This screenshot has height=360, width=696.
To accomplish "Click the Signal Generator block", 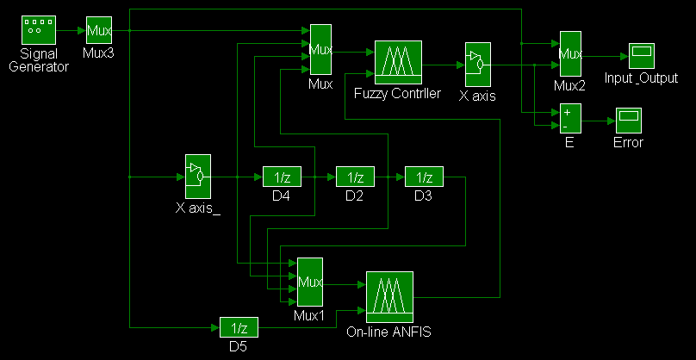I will pos(38,31).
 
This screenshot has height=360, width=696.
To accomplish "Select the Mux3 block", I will pos(98,31).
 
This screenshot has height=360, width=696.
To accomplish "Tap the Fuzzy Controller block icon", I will pos(397,62).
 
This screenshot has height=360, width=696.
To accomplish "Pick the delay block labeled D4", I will pos(282,177).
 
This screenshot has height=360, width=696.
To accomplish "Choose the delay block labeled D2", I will pos(355,177).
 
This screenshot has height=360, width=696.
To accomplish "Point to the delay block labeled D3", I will pos(423,177).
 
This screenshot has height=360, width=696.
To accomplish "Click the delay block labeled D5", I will pos(239,328).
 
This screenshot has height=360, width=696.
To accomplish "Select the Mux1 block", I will pos(309,282).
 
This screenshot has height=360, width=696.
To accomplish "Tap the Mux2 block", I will pos(571,54).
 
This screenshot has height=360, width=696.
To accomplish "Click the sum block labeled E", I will pos(569,119).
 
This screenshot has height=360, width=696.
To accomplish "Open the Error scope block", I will pos(629,119).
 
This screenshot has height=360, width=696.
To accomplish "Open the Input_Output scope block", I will pos(641,56).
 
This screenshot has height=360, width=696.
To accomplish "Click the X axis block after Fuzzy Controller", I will pos(477,64).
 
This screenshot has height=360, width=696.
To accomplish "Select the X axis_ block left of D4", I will pos(198,177).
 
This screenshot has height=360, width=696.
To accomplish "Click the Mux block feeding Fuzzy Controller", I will pos(320,50).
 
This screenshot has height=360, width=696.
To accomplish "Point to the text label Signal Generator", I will pos(38,60).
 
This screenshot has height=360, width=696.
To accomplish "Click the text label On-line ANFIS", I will pos(388,332).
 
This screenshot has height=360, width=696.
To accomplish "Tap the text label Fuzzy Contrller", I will pos(397,93).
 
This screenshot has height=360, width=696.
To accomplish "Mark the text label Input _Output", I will pos(641,78).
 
